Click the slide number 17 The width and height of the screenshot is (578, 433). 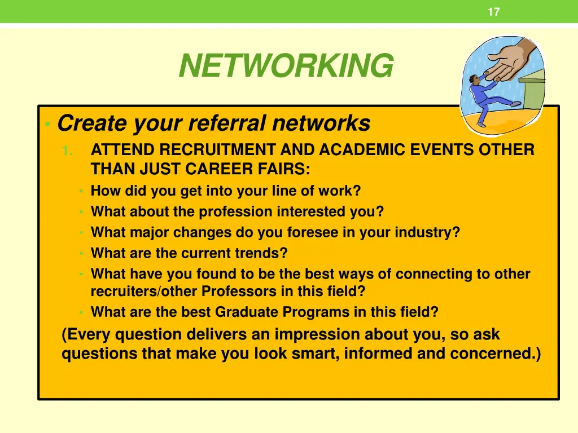pyautogui.click(x=493, y=12)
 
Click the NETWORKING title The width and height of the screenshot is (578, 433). pyautogui.click(x=286, y=66)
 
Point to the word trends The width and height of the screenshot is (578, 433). pyautogui.click(x=261, y=254)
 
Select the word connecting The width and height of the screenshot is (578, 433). pyautogui.click(x=432, y=275)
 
